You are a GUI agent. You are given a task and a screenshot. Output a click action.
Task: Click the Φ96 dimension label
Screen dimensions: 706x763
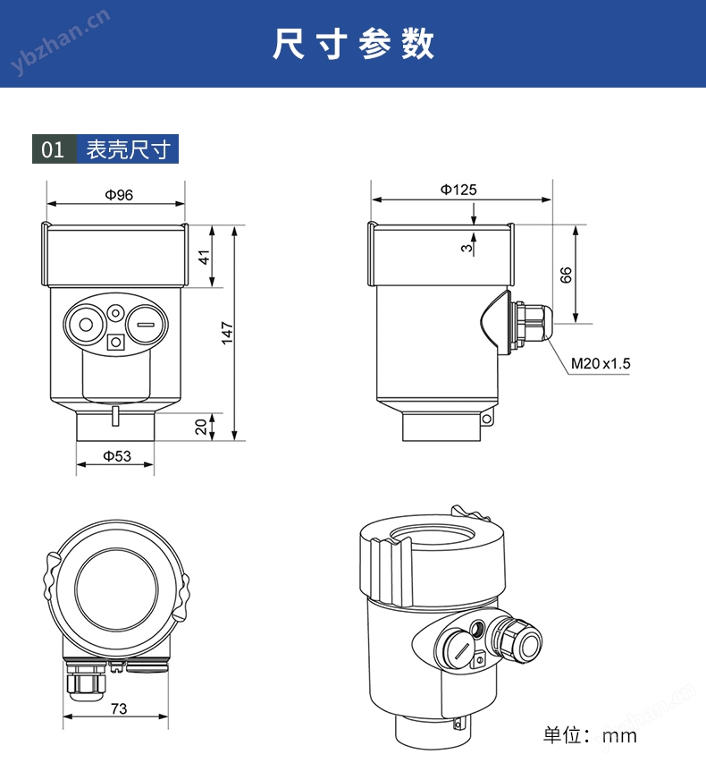pyautogui.click(x=119, y=195)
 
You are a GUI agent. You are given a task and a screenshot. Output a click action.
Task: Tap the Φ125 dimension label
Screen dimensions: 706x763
pyautogui.click(x=458, y=190)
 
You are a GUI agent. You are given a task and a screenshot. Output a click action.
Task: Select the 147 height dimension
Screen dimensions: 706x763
pyautogui.click(x=228, y=333)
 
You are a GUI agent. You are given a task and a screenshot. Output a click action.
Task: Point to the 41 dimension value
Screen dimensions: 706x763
pyautogui.click(x=205, y=257)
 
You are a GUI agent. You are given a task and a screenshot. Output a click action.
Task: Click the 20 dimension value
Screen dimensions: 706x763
pyautogui.click(x=201, y=427)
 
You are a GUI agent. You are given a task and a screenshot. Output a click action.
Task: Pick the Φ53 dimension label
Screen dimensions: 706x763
pyautogui.click(x=117, y=456)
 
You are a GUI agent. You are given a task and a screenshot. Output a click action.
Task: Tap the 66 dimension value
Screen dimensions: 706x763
pyautogui.click(x=566, y=275)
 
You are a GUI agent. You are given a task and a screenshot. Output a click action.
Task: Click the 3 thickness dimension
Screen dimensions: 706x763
pyautogui.click(x=466, y=248)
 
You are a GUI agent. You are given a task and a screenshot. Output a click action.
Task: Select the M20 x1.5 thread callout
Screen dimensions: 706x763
pyautogui.click(x=601, y=363)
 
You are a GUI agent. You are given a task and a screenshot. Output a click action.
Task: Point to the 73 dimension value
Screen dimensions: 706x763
pyautogui.click(x=119, y=708)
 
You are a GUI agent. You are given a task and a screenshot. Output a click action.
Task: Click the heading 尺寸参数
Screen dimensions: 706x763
pyautogui.click(x=353, y=44)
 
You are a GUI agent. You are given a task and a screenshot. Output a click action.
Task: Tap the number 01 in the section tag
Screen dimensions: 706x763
pyautogui.click(x=53, y=149)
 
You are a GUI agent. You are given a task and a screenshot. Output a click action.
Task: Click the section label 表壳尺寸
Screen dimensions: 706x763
pyautogui.click(x=129, y=149)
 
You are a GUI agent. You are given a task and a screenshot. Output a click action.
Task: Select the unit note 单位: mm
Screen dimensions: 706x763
pyautogui.click(x=590, y=735)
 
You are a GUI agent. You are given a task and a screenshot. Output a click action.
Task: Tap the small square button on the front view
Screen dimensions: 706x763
pyautogui.click(x=115, y=342)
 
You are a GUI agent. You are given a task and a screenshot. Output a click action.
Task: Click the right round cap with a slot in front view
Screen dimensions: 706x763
pyautogui.click(x=146, y=325)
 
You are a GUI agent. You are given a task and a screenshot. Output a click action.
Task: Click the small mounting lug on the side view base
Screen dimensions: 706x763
pyautogui.click(x=486, y=418)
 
